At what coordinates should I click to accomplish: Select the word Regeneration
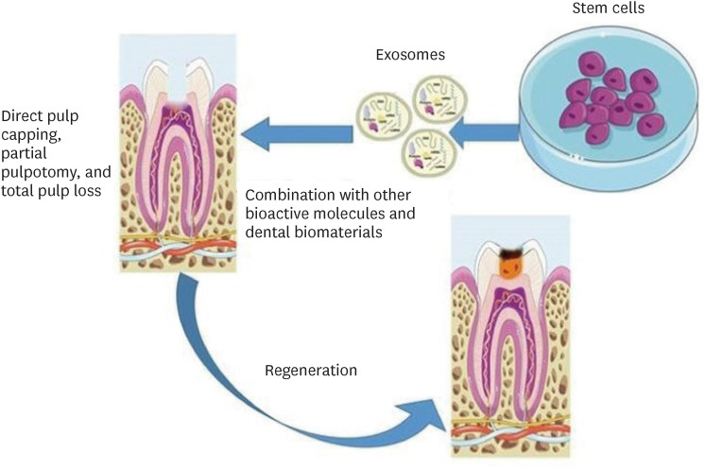(x=312, y=371)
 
